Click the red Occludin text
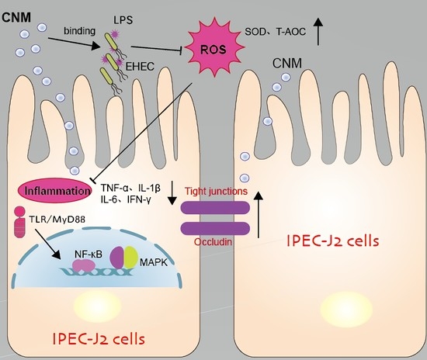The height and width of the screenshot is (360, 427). pos(213,241)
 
